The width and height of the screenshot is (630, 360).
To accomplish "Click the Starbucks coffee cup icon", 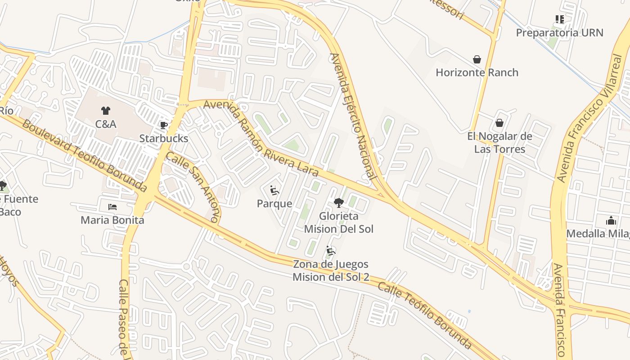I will point(163,125).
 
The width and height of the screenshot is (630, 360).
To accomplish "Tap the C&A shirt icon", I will point(106,110).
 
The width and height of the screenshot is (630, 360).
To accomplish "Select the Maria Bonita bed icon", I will point(112,207).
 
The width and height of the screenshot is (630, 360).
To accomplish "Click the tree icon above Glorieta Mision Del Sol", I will point(339,202).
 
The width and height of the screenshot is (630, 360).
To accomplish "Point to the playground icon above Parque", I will point(274,190).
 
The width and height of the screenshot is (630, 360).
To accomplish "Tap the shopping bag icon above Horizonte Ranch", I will point(477,59).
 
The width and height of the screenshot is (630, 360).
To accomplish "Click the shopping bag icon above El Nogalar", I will point(499,123).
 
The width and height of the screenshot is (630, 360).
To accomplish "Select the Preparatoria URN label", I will point(559,32).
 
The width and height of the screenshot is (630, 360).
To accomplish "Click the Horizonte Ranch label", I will point(477,72).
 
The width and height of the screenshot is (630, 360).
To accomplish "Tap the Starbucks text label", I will point(164,138).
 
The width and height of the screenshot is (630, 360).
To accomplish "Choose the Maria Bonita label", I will point(112,220).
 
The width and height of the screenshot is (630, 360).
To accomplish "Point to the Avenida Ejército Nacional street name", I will point(353,117).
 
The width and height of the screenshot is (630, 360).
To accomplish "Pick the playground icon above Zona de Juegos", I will point(331,251).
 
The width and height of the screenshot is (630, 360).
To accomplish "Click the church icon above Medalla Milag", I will point(611,220).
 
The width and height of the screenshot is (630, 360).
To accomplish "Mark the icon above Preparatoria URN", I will point(559,19).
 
